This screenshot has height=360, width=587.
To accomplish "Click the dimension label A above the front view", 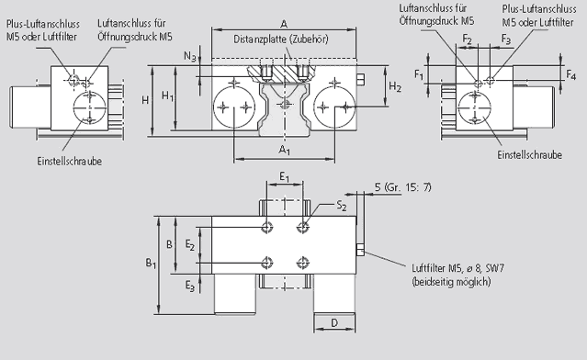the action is pyautogui.click(x=284, y=25).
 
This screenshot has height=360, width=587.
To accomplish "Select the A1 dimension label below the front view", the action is pyautogui.click(x=285, y=150).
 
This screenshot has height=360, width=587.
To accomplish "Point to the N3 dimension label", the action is pyautogui.click(x=190, y=57).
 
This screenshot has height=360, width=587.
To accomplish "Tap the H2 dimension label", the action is pyautogui.click(x=395, y=87).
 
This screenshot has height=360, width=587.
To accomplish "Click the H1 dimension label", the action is pyautogui.click(x=167, y=96).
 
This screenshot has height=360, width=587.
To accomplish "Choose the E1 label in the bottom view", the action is pyautogui.click(x=285, y=176).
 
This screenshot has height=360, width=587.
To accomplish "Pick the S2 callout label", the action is pyautogui.click(x=342, y=205).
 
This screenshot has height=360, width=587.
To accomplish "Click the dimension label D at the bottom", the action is pyautogui.click(x=334, y=322).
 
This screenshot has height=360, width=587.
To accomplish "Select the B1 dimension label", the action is pyautogui.click(x=151, y=264).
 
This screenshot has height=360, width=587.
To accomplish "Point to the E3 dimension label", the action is pyautogui.click(x=190, y=287).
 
